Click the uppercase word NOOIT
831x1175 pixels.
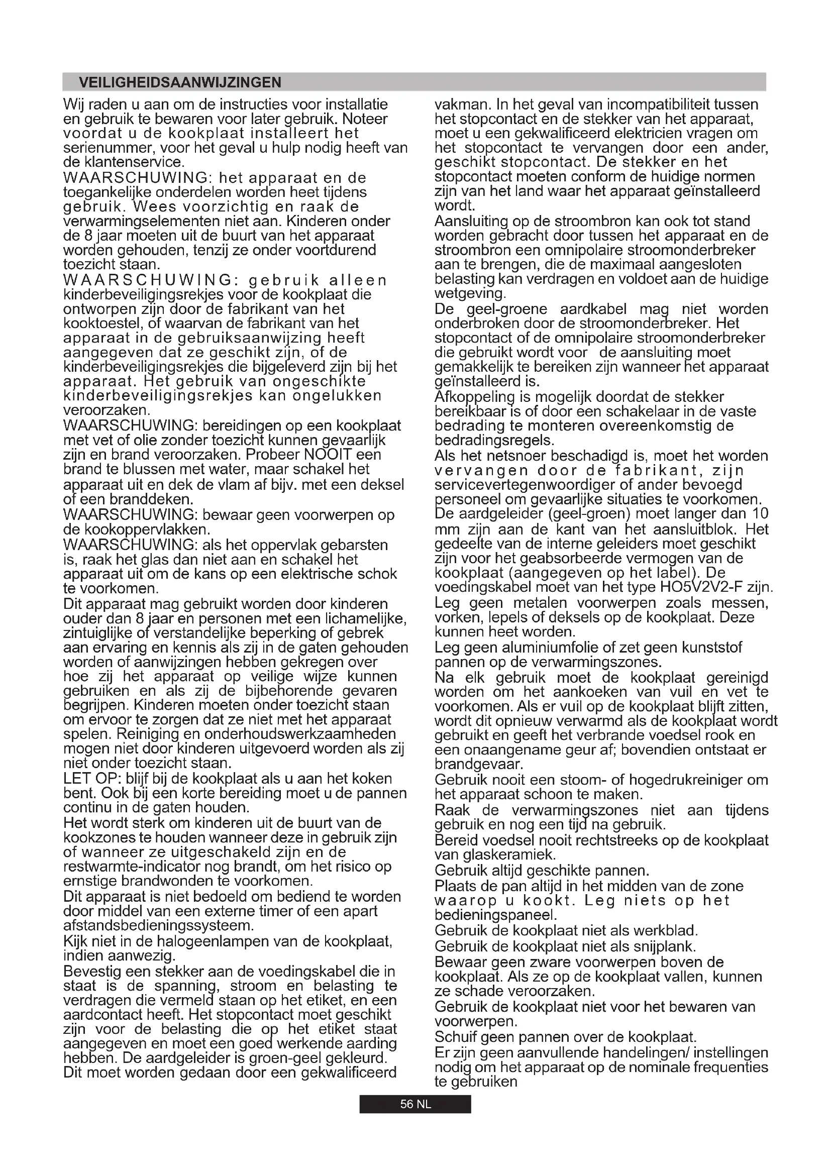328,455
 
